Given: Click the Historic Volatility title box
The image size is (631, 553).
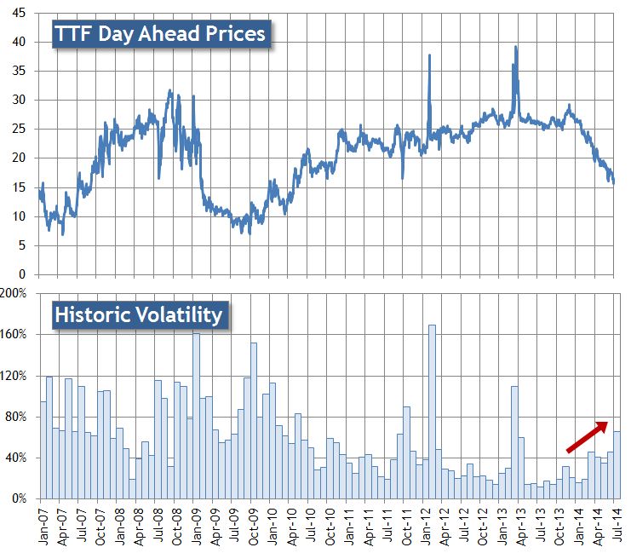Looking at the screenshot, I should [x=139, y=314].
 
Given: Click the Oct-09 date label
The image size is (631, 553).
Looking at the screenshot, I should [x=253, y=527].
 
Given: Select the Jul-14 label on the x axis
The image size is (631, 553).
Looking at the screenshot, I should [x=616, y=527].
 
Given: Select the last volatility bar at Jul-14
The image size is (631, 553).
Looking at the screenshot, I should [x=617, y=464].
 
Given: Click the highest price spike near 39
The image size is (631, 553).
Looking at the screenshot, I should [x=516, y=48].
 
